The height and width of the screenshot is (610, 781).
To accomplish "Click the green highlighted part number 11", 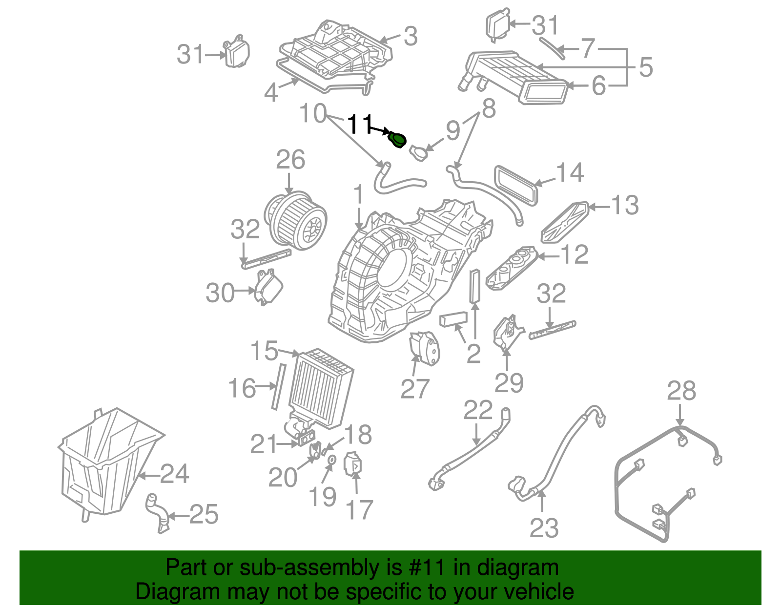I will [397, 141].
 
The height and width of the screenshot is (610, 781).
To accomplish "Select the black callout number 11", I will [360, 125].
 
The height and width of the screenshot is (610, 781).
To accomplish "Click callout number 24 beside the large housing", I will [175, 474].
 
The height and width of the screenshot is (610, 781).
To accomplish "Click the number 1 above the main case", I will [359, 194].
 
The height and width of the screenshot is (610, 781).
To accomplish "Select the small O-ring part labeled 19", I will [331, 460].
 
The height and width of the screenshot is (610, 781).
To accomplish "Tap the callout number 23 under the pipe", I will [544, 528].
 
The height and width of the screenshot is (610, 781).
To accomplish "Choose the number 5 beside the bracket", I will [645, 67].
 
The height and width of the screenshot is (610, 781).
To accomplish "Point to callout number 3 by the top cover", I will [411, 36].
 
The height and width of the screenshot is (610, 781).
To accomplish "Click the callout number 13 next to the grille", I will [624, 205].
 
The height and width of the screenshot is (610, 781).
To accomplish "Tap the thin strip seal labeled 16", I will [278, 386].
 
